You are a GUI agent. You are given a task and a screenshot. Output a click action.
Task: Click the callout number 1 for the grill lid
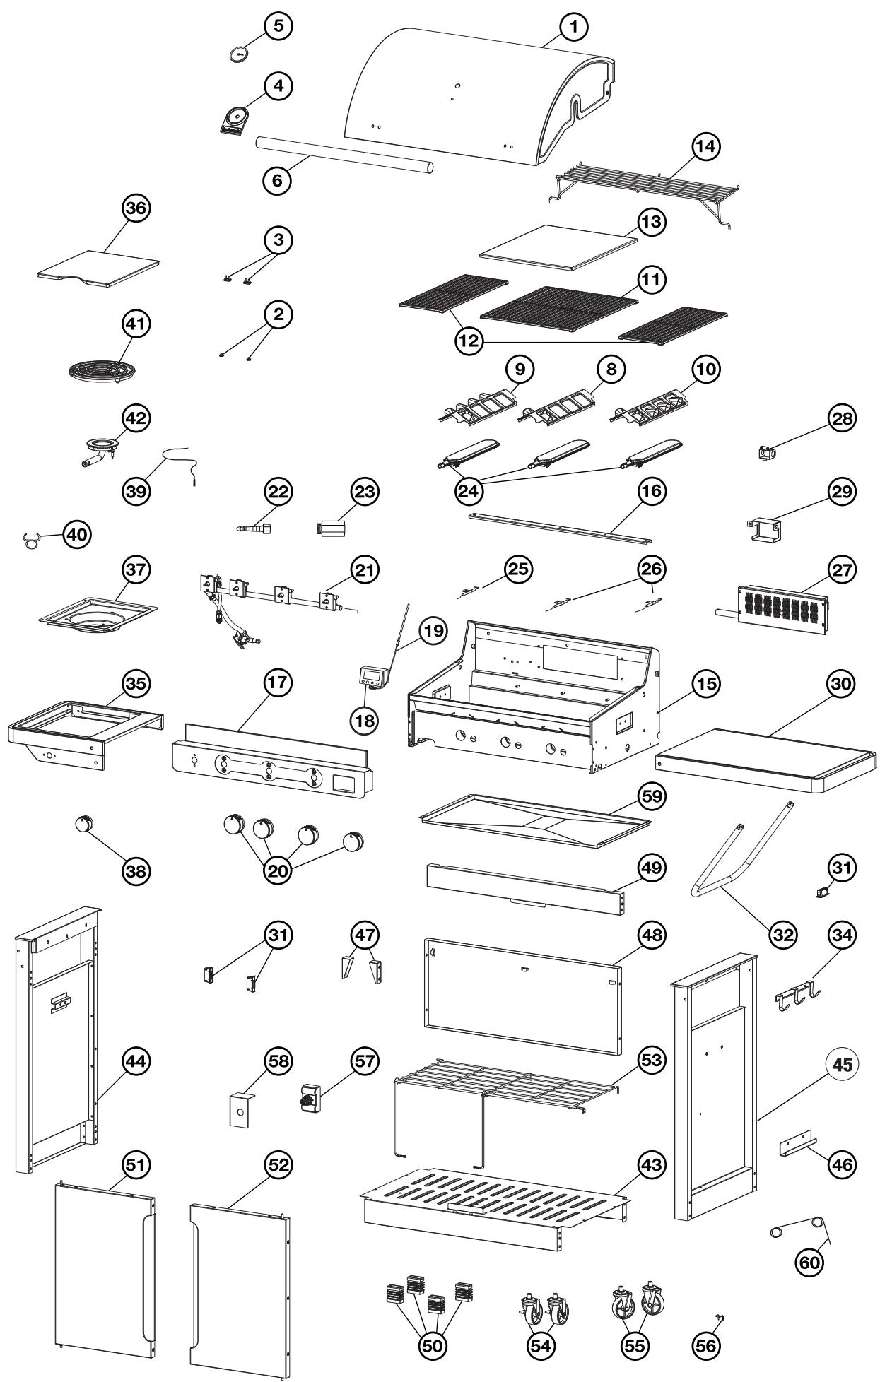pyautogui.click(x=573, y=26)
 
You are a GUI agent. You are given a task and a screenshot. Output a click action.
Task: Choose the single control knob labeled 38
pyautogui.click(x=84, y=825)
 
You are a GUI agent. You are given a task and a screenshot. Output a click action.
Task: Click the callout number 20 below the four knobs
pyautogui.click(x=279, y=871)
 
